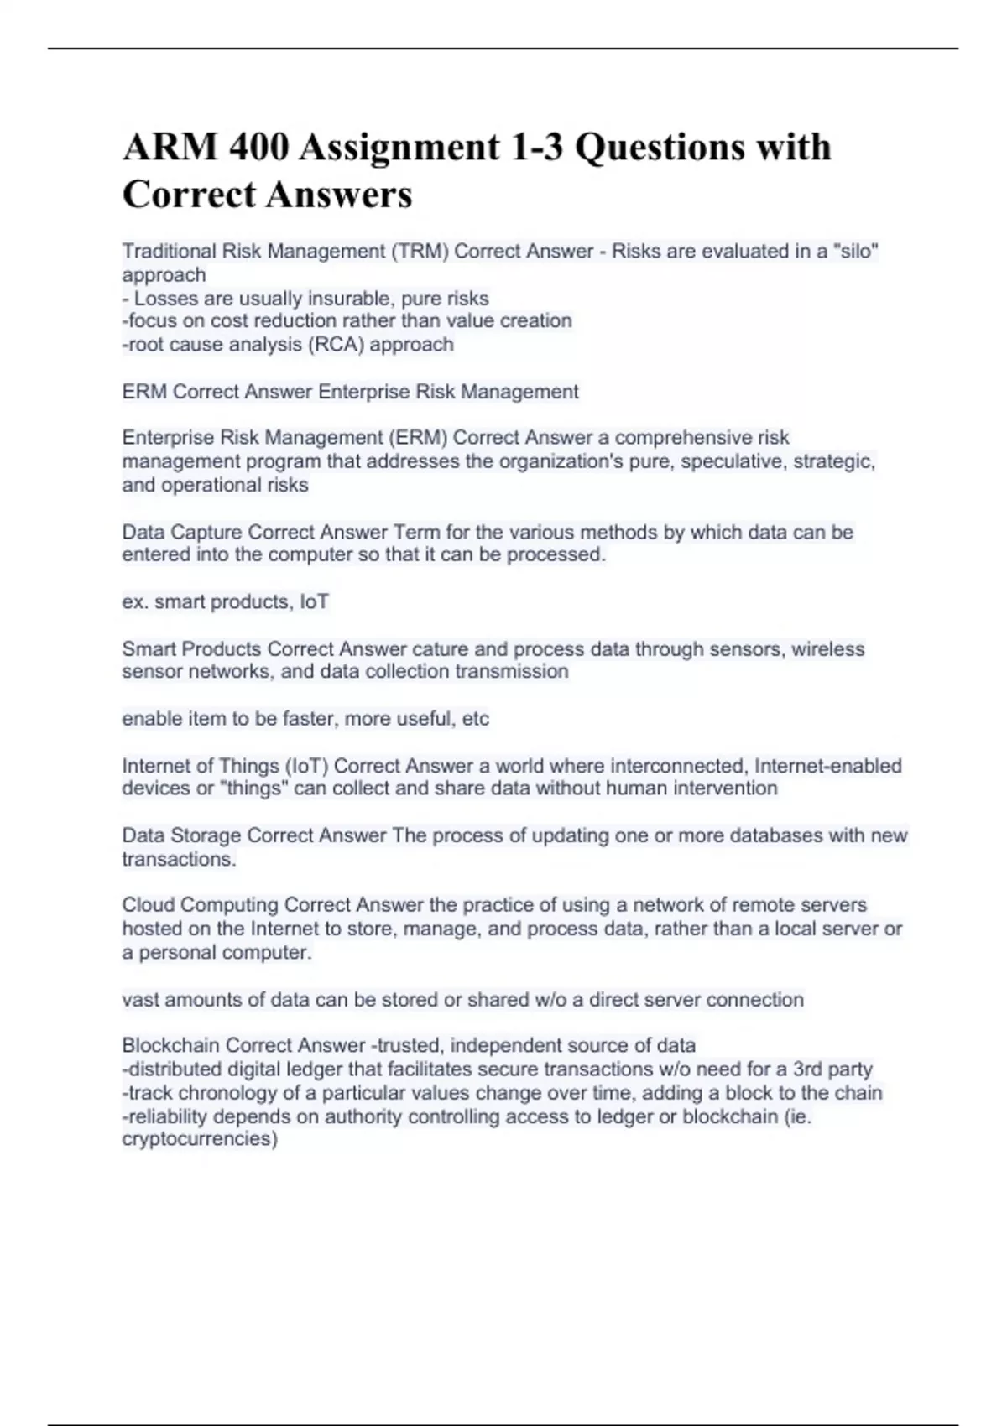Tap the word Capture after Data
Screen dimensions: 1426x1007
point(206,533)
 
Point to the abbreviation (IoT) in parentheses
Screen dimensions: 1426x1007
point(306,766)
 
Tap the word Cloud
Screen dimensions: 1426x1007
point(148,905)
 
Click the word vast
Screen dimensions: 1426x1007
point(141,1000)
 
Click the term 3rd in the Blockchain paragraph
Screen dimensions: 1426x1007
point(808,1069)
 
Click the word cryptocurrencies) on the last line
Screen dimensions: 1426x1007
point(200,1139)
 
